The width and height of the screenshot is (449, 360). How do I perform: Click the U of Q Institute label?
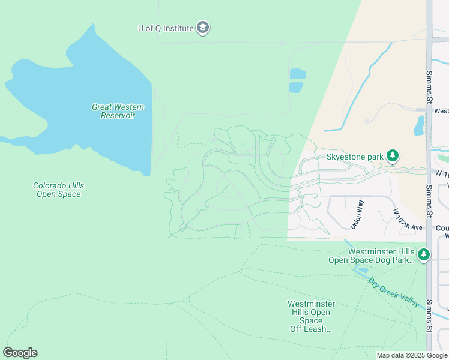pyautogui.click(x=166, y=28)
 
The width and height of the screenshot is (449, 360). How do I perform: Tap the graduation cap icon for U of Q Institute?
pyautogui.click(x=203, y=28)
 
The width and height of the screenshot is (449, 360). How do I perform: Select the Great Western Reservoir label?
pyautogui.click(x=118, y=111)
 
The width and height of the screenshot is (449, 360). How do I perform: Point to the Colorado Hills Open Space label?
pyautogui.click(x=56, y=190)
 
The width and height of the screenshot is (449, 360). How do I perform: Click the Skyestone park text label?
pyautogui.click(x=354, y=157)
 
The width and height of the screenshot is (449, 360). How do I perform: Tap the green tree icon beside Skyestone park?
pyautogui.click(x=393, y=157)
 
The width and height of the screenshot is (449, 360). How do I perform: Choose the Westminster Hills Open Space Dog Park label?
pyautogui.click(x=372, y=256)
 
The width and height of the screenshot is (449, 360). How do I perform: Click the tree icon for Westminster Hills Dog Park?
pyautogui.click(x=424, y=255)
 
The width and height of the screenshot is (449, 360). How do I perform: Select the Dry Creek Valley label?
pyautogui.click(x=394, y=292)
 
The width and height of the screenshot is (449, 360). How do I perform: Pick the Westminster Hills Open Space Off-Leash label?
pyautogui.click(x=311, y=316)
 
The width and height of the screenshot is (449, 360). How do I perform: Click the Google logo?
pyautogui.click(x=20, y=353)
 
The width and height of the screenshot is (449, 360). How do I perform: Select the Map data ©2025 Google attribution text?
pyautogui.click(x=411, y=355)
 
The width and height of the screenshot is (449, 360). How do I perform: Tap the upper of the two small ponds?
pyautogui.click(x=297, y=74)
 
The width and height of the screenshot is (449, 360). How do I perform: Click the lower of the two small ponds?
pyautogui.click(x=296, y=87)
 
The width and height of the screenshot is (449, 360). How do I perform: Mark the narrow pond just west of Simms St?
pyautogui.click(x=419, y=125)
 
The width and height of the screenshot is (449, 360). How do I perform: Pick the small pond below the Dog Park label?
pyautogui.click(x=362, y=271)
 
